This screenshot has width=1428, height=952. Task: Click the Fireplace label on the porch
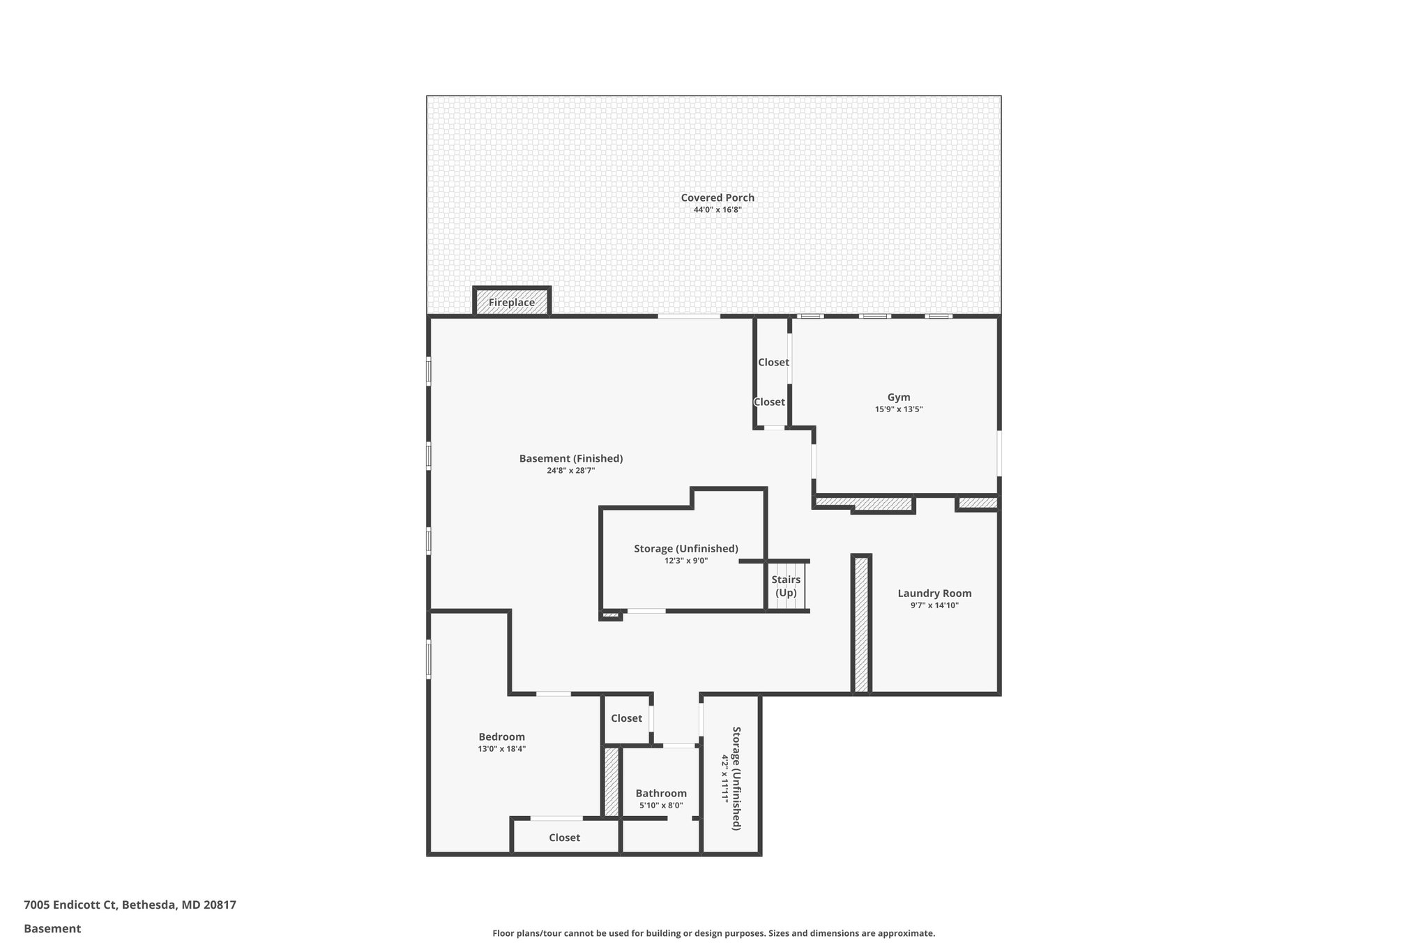point(511,303)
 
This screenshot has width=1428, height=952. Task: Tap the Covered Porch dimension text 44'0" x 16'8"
point(717,209)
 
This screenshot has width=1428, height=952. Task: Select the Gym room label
point(898,398)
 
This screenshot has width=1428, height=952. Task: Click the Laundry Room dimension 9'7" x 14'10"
point(934,605)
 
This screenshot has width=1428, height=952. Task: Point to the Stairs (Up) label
point(786,587)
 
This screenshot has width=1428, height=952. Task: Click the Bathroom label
point(660,793)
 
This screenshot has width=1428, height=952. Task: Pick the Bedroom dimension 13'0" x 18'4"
point(501,749)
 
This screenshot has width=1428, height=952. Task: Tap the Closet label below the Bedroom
point(564,838)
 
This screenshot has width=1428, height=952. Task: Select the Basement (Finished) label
point(570,458)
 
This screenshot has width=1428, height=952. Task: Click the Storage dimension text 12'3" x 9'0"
point(685,560)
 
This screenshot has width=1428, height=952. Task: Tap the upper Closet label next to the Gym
point(773,362)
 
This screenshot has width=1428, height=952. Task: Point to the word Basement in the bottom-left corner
point(52,928)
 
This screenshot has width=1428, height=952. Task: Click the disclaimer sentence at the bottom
point(713,933)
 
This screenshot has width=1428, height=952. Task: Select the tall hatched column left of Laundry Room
point(861,624)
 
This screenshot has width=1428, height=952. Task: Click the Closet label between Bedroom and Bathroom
point(626,718)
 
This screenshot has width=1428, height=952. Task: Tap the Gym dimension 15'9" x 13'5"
point(898,409)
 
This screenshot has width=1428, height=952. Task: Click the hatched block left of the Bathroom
point(612,781)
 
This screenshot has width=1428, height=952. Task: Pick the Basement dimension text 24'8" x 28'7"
point(570,471)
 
